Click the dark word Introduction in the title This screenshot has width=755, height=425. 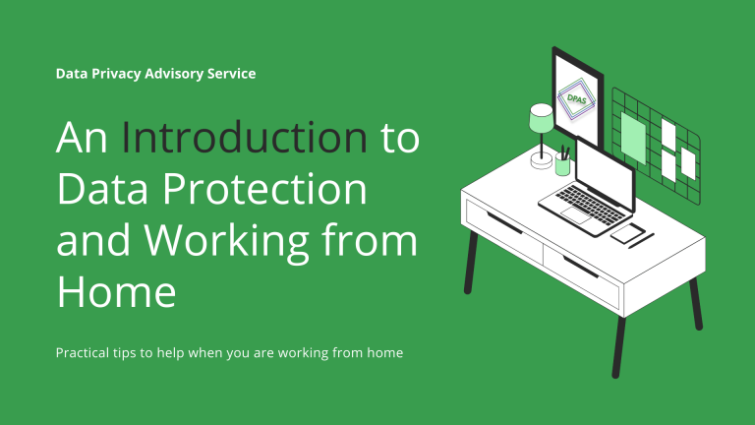[x=245, y=138]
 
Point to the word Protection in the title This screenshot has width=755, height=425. [x=264, y=189]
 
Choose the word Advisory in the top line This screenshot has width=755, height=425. [x=174, y=74]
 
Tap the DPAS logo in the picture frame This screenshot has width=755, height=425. [x=576, y=98]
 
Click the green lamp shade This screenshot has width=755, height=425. [x=542, y=118]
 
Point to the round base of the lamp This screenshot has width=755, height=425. [x=542, y=160]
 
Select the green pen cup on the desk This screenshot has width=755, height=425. [x=562, y=165]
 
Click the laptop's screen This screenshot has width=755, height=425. [x=606, y=176]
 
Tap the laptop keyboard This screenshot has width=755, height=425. [x=590, y=205]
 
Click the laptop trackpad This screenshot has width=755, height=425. [x=576, y=215]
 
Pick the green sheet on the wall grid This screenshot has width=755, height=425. [x=633, y=139]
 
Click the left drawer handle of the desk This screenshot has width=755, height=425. [x=504, y=222]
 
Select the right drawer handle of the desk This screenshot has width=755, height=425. [x=581, y=267]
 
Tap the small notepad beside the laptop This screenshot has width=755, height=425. [x=627, y=232]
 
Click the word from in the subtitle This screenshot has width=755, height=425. [x=347, y=353]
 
